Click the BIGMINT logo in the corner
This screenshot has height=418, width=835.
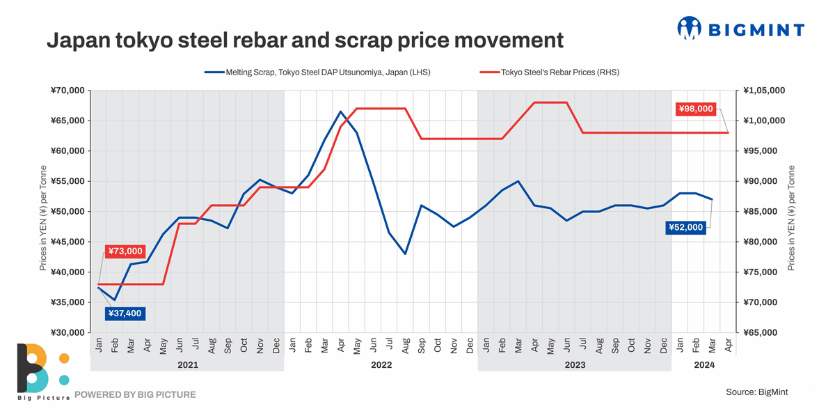tap(740, 29)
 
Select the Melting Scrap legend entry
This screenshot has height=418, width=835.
tap(317, 72)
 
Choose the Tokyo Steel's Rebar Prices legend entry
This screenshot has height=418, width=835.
tap(550, 72)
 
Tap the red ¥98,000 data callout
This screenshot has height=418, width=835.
tap(697, 109)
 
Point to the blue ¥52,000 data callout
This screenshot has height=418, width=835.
tap(686, 226)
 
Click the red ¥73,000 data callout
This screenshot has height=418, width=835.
tap(125, 251)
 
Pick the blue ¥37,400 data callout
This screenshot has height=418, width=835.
tap(125, 313)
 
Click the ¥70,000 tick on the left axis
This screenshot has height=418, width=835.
tap(67, 91)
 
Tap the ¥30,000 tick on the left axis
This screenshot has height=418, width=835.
tap(67, 332)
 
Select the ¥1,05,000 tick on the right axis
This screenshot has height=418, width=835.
tap(764, 91)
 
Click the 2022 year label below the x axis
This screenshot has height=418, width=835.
tap(381, 364)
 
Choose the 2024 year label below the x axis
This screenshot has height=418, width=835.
tap(704, 364)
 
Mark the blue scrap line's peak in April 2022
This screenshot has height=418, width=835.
tap(340, 111)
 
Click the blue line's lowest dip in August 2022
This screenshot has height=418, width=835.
tap(405, 254)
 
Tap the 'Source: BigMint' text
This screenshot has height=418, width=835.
tap(756, 392)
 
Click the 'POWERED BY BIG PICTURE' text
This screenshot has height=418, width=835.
tap(135, 394)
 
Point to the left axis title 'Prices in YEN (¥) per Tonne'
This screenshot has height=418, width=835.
tap(44, 218)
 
